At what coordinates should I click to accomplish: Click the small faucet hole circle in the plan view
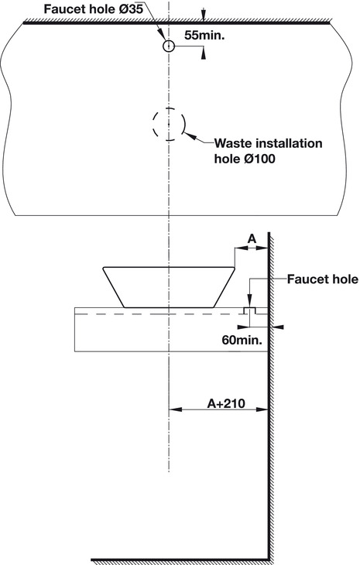pos(168,42)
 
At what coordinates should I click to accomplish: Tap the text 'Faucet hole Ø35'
pos(94,9)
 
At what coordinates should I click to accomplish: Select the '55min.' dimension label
pos(204,35)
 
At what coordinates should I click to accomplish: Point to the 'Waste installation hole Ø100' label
pos(268,151)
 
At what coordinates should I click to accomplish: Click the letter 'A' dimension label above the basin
pos(252,238)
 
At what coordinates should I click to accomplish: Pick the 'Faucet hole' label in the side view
pos(323,279)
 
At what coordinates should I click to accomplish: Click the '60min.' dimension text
pos(242,340)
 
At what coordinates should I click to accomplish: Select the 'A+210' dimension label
pos(226,403)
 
